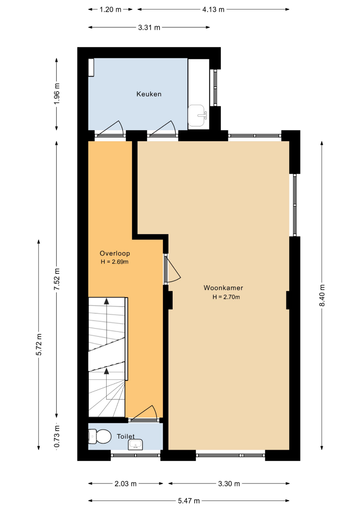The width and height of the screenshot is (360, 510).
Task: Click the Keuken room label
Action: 149,94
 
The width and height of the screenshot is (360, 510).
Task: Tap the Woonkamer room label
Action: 223,288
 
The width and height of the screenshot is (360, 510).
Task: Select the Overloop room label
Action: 115,254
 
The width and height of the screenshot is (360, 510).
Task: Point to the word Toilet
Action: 126,436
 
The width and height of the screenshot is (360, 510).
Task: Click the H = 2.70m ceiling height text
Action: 226,297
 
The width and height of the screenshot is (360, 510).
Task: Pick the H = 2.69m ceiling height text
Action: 114,262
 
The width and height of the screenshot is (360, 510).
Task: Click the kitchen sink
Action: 197,116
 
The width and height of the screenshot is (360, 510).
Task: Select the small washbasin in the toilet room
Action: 135,444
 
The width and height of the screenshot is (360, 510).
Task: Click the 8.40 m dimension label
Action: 322,295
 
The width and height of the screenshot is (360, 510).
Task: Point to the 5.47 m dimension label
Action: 189,501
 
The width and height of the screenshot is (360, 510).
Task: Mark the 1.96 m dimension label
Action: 57,94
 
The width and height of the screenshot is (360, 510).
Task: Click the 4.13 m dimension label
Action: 213,9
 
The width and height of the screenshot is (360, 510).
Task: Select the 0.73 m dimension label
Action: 57,436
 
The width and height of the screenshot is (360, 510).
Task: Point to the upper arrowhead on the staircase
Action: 106,301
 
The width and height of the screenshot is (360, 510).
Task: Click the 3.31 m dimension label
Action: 149,28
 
